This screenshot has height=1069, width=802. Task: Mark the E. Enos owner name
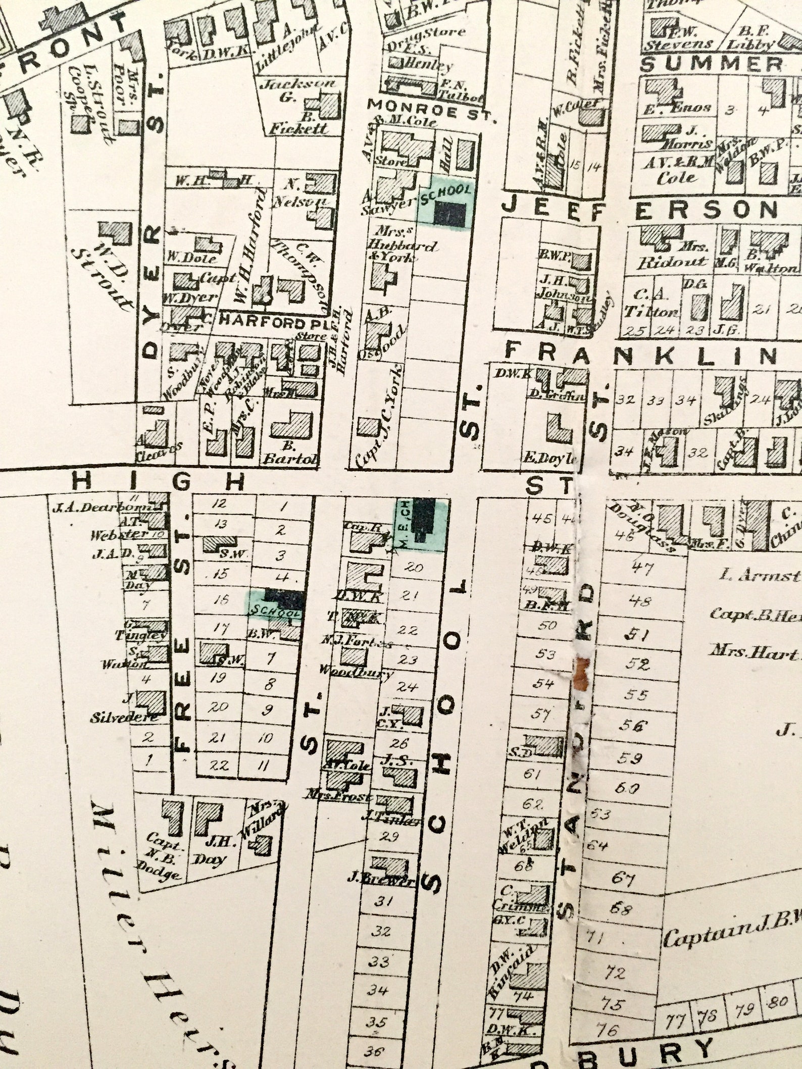(x=677, y=108)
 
